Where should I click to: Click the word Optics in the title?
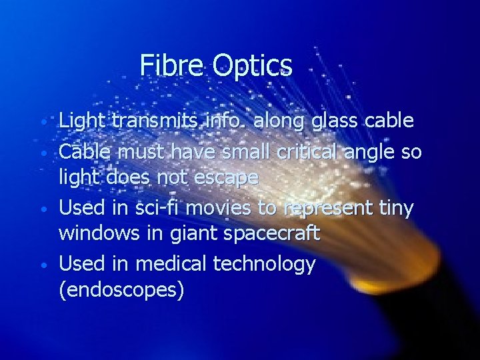(x=253, y=66)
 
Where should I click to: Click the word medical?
(x=172, y=264)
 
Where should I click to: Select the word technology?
(x=265, y=265)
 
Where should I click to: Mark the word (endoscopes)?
(x=121, y=291)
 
